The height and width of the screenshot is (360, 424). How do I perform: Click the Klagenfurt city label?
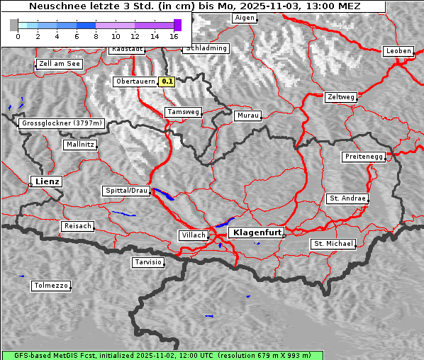coord(256,232)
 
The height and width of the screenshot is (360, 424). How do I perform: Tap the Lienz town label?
coord(46,182)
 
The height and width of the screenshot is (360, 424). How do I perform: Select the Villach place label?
coord(193,235)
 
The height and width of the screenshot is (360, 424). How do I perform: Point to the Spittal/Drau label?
coord(126,191)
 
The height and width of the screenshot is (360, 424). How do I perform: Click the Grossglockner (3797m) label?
coord(62,123)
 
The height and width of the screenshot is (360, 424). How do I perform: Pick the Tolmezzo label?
coord(51,286)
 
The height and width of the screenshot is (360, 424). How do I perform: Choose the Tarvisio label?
coord(148,262)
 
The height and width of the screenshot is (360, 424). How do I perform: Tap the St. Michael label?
coord(333,244)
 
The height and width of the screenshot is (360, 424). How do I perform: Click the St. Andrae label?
coord(347,198)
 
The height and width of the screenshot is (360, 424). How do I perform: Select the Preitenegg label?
coord(364,157)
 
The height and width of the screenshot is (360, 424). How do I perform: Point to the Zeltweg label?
coord(340,97)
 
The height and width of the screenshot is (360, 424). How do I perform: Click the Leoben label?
coord(398,51)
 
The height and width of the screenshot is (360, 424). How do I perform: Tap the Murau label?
coord(248,116)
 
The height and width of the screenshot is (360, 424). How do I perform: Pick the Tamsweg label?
coord(184,112)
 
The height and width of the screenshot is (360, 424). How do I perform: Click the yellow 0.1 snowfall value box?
coord(167,81)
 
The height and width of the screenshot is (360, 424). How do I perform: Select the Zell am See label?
coord(60,64)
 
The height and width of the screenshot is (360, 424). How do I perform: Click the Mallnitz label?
coord(79,145)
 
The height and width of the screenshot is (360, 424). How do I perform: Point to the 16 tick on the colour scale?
coord(174,35)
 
